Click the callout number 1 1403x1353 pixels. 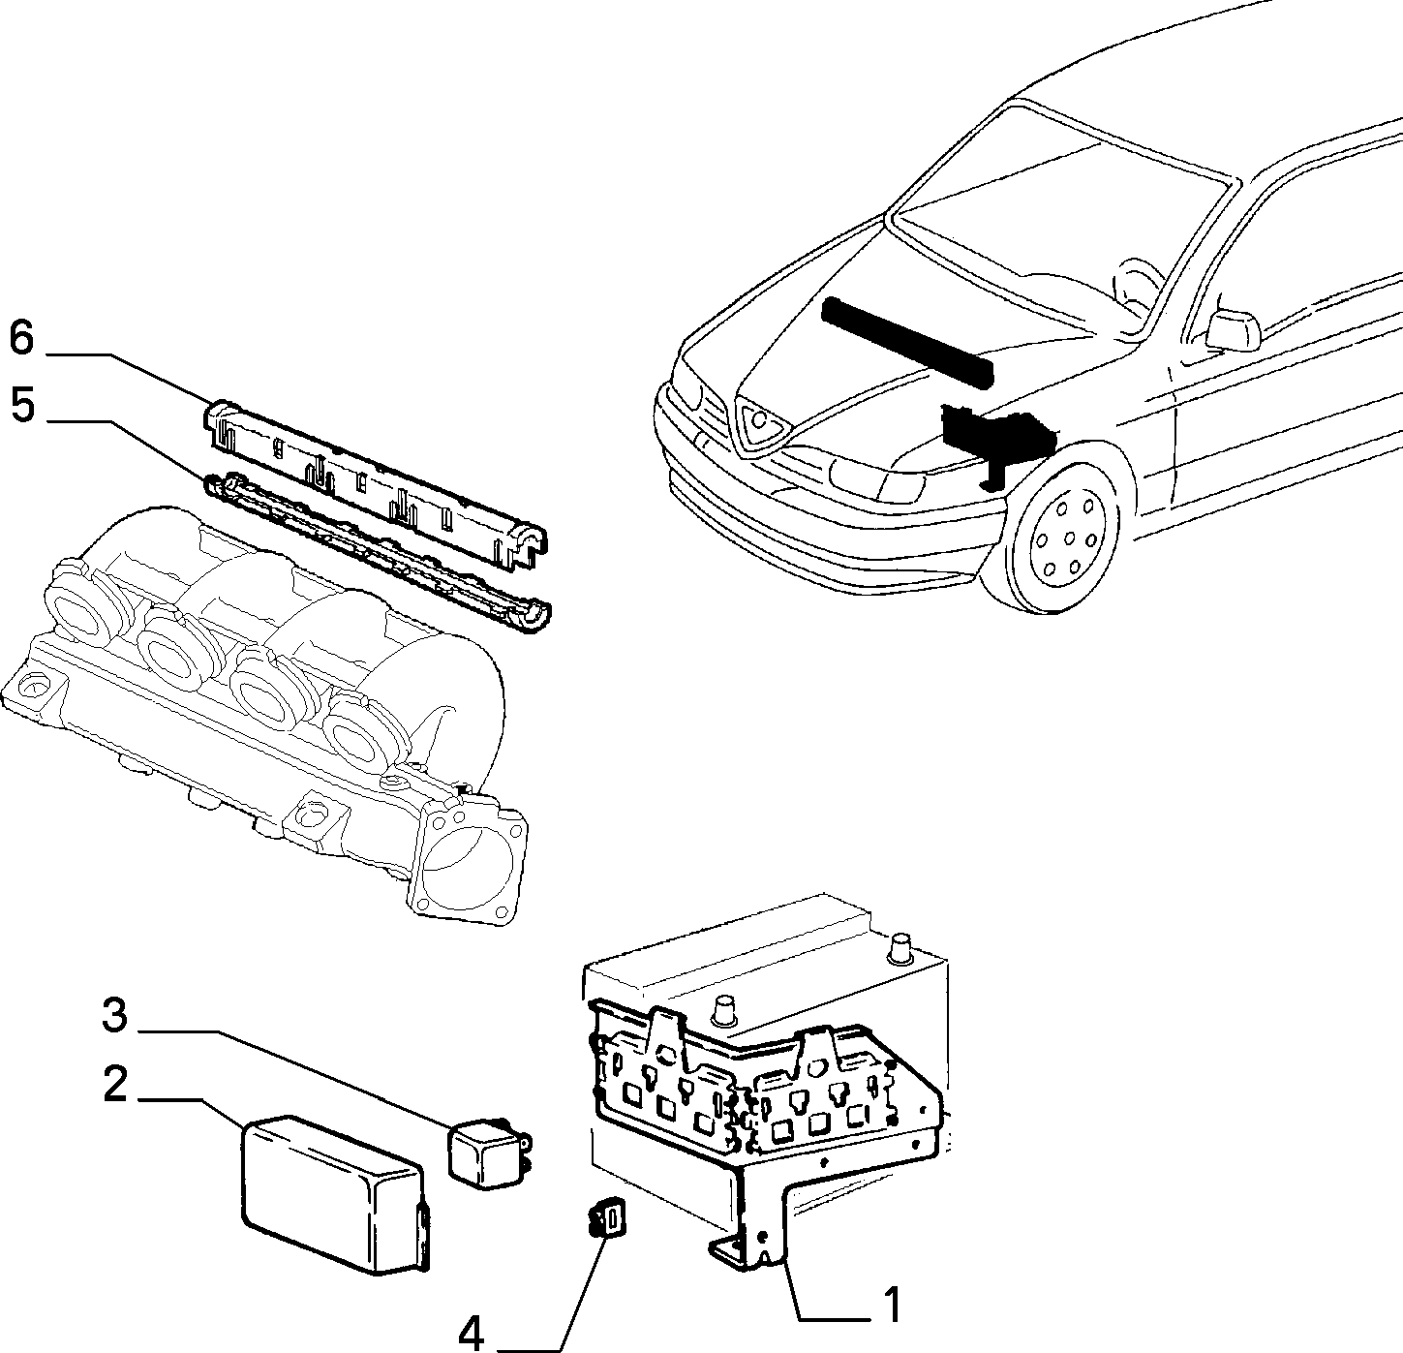click(893, 1305)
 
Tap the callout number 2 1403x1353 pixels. click(114, 1083)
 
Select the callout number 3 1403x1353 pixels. click(114, 1015)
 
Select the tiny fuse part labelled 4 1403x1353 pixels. click(608, 1216)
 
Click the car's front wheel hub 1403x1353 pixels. click(1069, 538)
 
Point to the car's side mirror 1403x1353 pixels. click(1232, 329)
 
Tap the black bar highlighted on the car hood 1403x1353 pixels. click(907, 343)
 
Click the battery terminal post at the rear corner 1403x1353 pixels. click(900, 948)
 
